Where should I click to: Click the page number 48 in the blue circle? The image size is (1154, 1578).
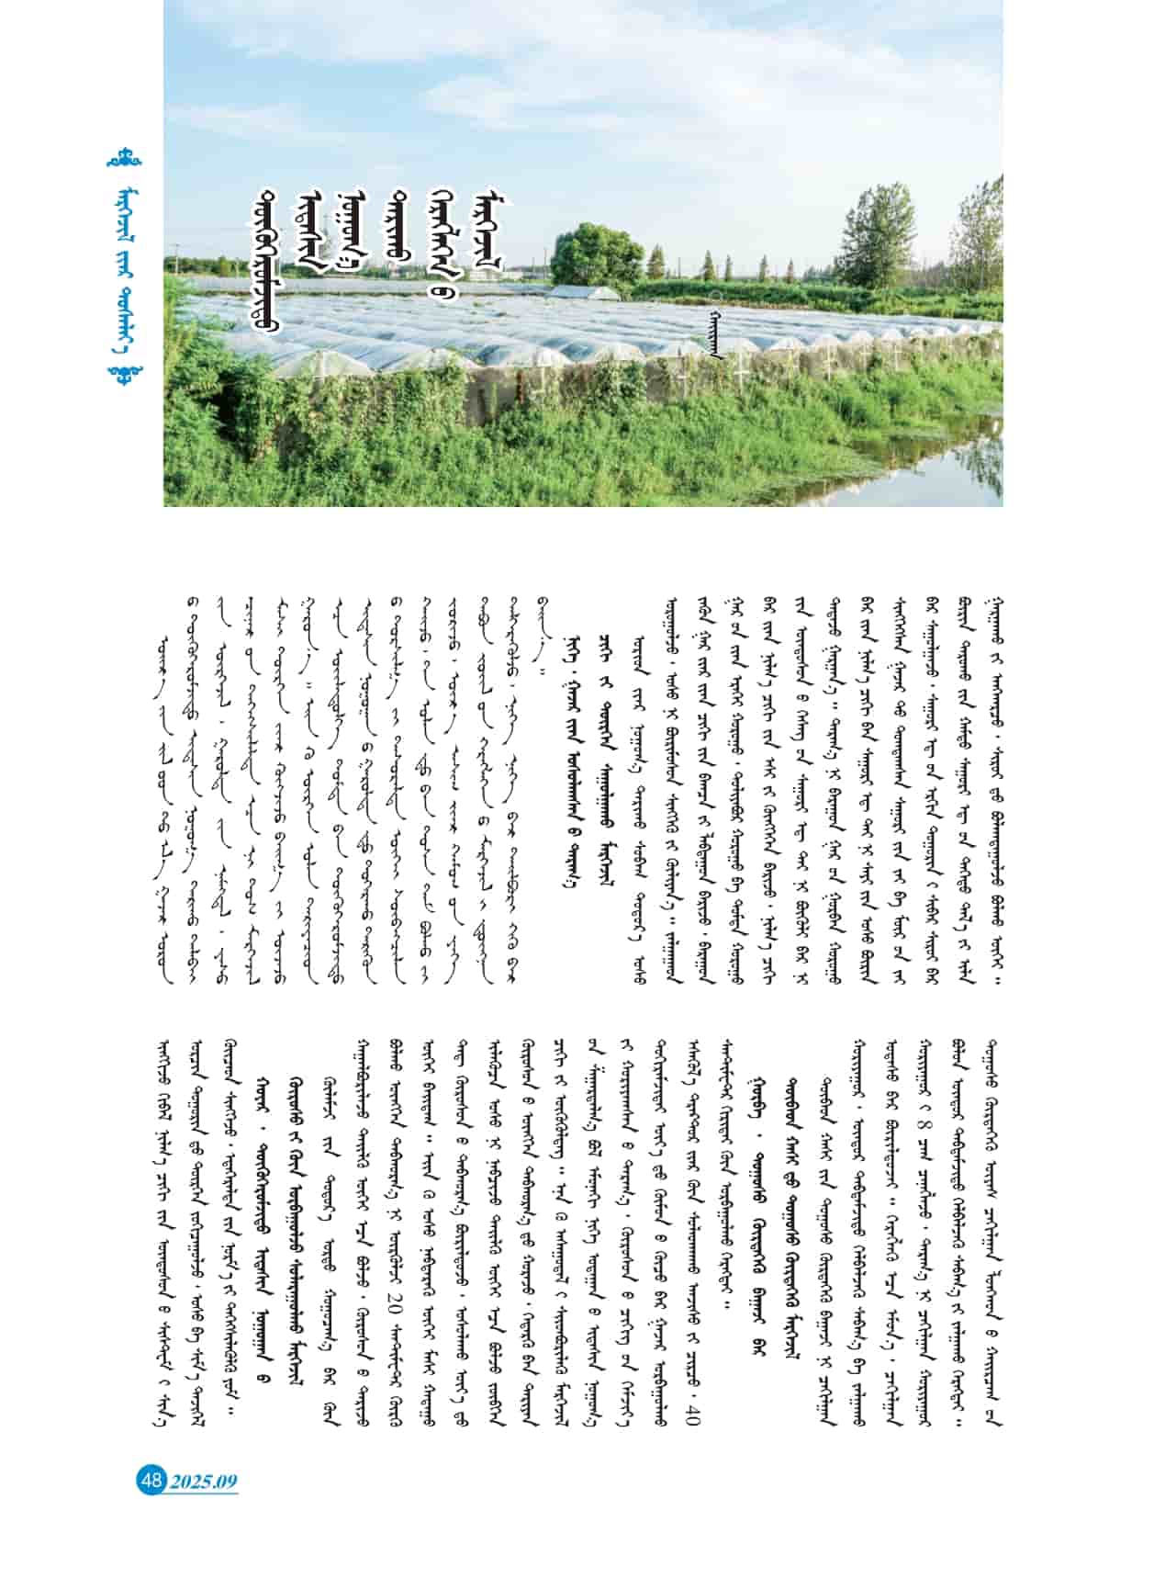point(151,1480)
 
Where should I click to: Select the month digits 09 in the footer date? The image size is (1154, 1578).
point(225,1481)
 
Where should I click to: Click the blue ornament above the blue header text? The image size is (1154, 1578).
point(123,159)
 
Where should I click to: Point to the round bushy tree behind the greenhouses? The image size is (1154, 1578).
point(597,254)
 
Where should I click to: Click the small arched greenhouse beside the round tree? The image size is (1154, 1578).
point(588,293)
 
